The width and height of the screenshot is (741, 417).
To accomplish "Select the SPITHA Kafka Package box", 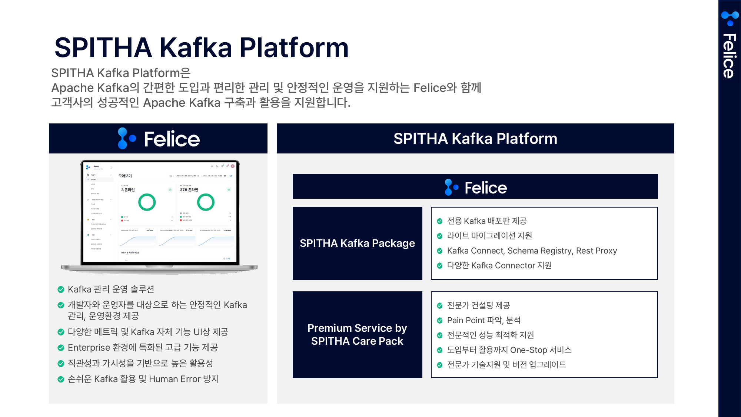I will (x=357, y=243).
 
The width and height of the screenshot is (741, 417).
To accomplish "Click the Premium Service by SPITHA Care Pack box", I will (x=357, y=334).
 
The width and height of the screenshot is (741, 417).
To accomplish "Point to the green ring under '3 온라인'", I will (x=147, y=202).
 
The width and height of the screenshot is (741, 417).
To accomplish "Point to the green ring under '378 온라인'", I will (x=206, y=202).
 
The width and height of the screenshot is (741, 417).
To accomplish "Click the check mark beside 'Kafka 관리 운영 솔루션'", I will (x=61, y=289).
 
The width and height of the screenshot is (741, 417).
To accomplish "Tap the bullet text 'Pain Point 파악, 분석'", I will (x=484, y=320).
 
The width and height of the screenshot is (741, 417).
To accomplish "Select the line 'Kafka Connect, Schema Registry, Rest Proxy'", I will (x=532, y=251).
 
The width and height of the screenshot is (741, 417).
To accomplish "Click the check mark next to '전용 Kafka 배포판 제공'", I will (x=440, y=221).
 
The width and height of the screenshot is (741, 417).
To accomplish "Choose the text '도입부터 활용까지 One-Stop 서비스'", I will (x=509, y=350).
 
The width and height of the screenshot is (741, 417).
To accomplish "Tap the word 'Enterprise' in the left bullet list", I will (x=89, y=348).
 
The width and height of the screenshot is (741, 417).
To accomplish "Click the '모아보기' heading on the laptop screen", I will (x=125, y=176).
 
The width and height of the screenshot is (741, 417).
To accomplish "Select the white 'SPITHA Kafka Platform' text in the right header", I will (x=475, y=139).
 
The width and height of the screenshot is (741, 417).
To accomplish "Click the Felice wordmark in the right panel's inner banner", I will (x=485, y=188).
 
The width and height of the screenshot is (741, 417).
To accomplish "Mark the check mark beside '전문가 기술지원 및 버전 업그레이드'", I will (x=440, y=365).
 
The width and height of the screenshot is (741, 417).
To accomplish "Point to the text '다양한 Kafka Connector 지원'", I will (x=499, y=266).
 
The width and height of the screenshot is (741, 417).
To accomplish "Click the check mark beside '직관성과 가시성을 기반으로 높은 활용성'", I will (x=61, y=364).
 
